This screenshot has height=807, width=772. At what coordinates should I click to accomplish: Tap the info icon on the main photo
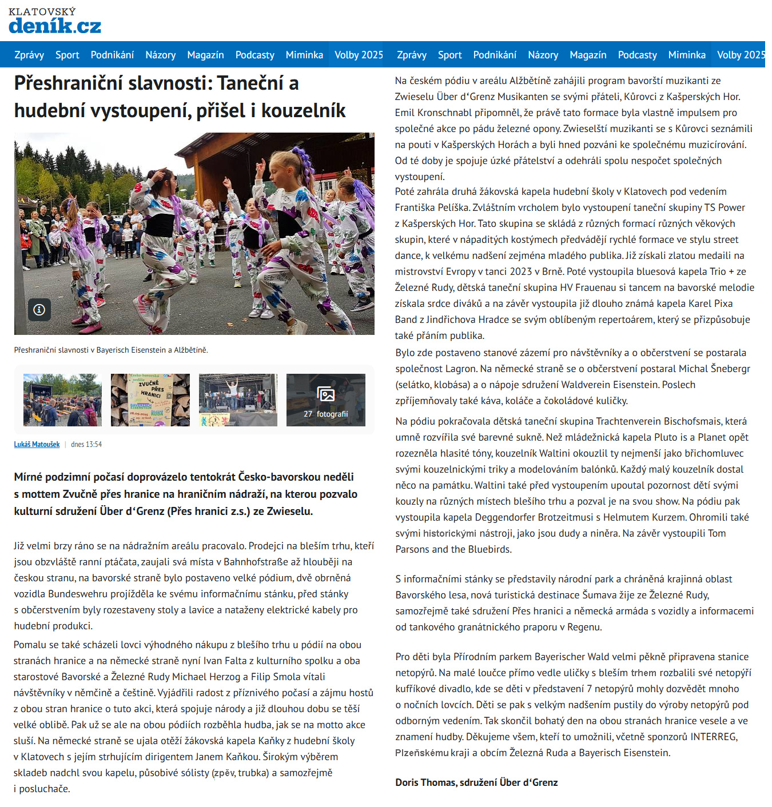39,310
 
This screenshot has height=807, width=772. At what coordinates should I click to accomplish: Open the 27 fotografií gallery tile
325,400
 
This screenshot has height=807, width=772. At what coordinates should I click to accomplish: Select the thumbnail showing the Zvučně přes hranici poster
150,400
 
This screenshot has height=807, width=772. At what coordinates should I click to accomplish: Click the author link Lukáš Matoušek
37,445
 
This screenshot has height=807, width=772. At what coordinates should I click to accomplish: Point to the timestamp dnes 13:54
86,445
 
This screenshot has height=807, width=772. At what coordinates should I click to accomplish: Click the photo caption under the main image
111,350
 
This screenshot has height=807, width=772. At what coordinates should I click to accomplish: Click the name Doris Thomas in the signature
425,782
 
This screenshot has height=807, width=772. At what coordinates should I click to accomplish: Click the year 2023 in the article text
520,271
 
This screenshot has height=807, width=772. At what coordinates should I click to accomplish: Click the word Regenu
584,627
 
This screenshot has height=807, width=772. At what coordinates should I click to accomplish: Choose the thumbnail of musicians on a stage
238,400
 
